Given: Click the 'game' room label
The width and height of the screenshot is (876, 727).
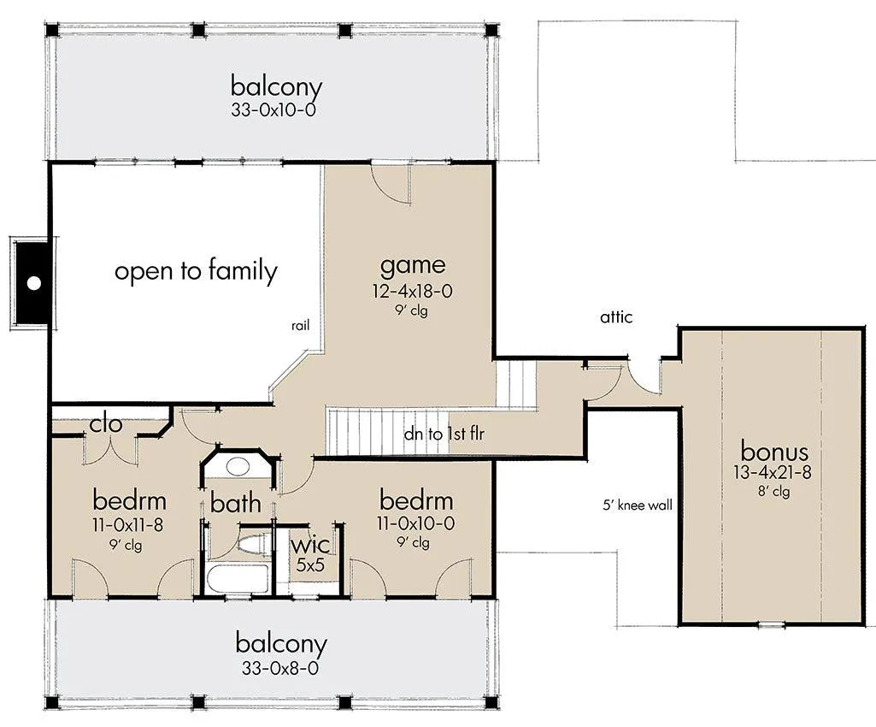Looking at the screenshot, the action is pos(413,266).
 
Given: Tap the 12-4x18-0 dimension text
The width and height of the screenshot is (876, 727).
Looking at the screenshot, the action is pos(412,292).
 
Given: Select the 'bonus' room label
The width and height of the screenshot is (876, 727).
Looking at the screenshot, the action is pos(774,451).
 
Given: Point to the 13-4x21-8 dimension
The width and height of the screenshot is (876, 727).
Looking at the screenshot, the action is pos(773,472).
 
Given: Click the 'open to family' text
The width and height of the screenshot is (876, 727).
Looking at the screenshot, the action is pos(196,271).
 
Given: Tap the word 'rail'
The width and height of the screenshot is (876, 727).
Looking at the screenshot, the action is pos(300,326).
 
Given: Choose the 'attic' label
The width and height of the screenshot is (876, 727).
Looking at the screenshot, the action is pos(616,317).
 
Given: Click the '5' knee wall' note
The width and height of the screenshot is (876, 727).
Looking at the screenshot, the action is pos(638,505).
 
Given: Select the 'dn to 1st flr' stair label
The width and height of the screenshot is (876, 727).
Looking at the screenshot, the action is pos(444,434).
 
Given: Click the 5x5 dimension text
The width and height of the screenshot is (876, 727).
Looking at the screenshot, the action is pos(310,564).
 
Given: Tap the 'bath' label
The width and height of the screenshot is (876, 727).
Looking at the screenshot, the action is pos(236,503).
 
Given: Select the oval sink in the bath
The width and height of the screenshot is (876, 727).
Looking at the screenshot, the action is pos(238,465).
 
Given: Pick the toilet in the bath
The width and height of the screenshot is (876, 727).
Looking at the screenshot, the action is pos(252,545).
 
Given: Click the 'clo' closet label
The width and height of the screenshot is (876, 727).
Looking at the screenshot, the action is pos(106,424).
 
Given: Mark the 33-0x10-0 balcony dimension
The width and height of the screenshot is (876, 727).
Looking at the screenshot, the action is pos(273,109).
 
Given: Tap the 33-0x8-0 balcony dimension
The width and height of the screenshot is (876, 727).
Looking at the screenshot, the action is pos(280,668).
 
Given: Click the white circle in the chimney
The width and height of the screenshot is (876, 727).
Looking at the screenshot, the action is pos(34,283).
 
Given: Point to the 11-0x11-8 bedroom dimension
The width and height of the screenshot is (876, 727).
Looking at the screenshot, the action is pos(128,525).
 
